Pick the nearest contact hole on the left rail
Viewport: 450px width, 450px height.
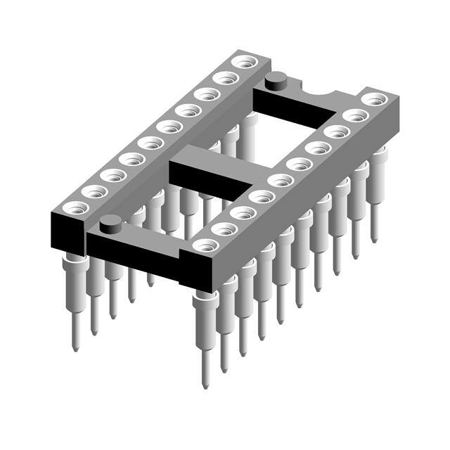(75, 207)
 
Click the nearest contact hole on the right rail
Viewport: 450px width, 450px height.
(205, 245)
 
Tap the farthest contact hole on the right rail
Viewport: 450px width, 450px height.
(373, 99)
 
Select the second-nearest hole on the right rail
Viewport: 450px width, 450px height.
(224, 229)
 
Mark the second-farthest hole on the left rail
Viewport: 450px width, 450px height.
(225, 77)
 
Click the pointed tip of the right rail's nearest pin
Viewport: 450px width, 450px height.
(205, 385)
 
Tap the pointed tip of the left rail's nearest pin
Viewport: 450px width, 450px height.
(75, 347)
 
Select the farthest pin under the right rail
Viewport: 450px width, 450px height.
(378, 190)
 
